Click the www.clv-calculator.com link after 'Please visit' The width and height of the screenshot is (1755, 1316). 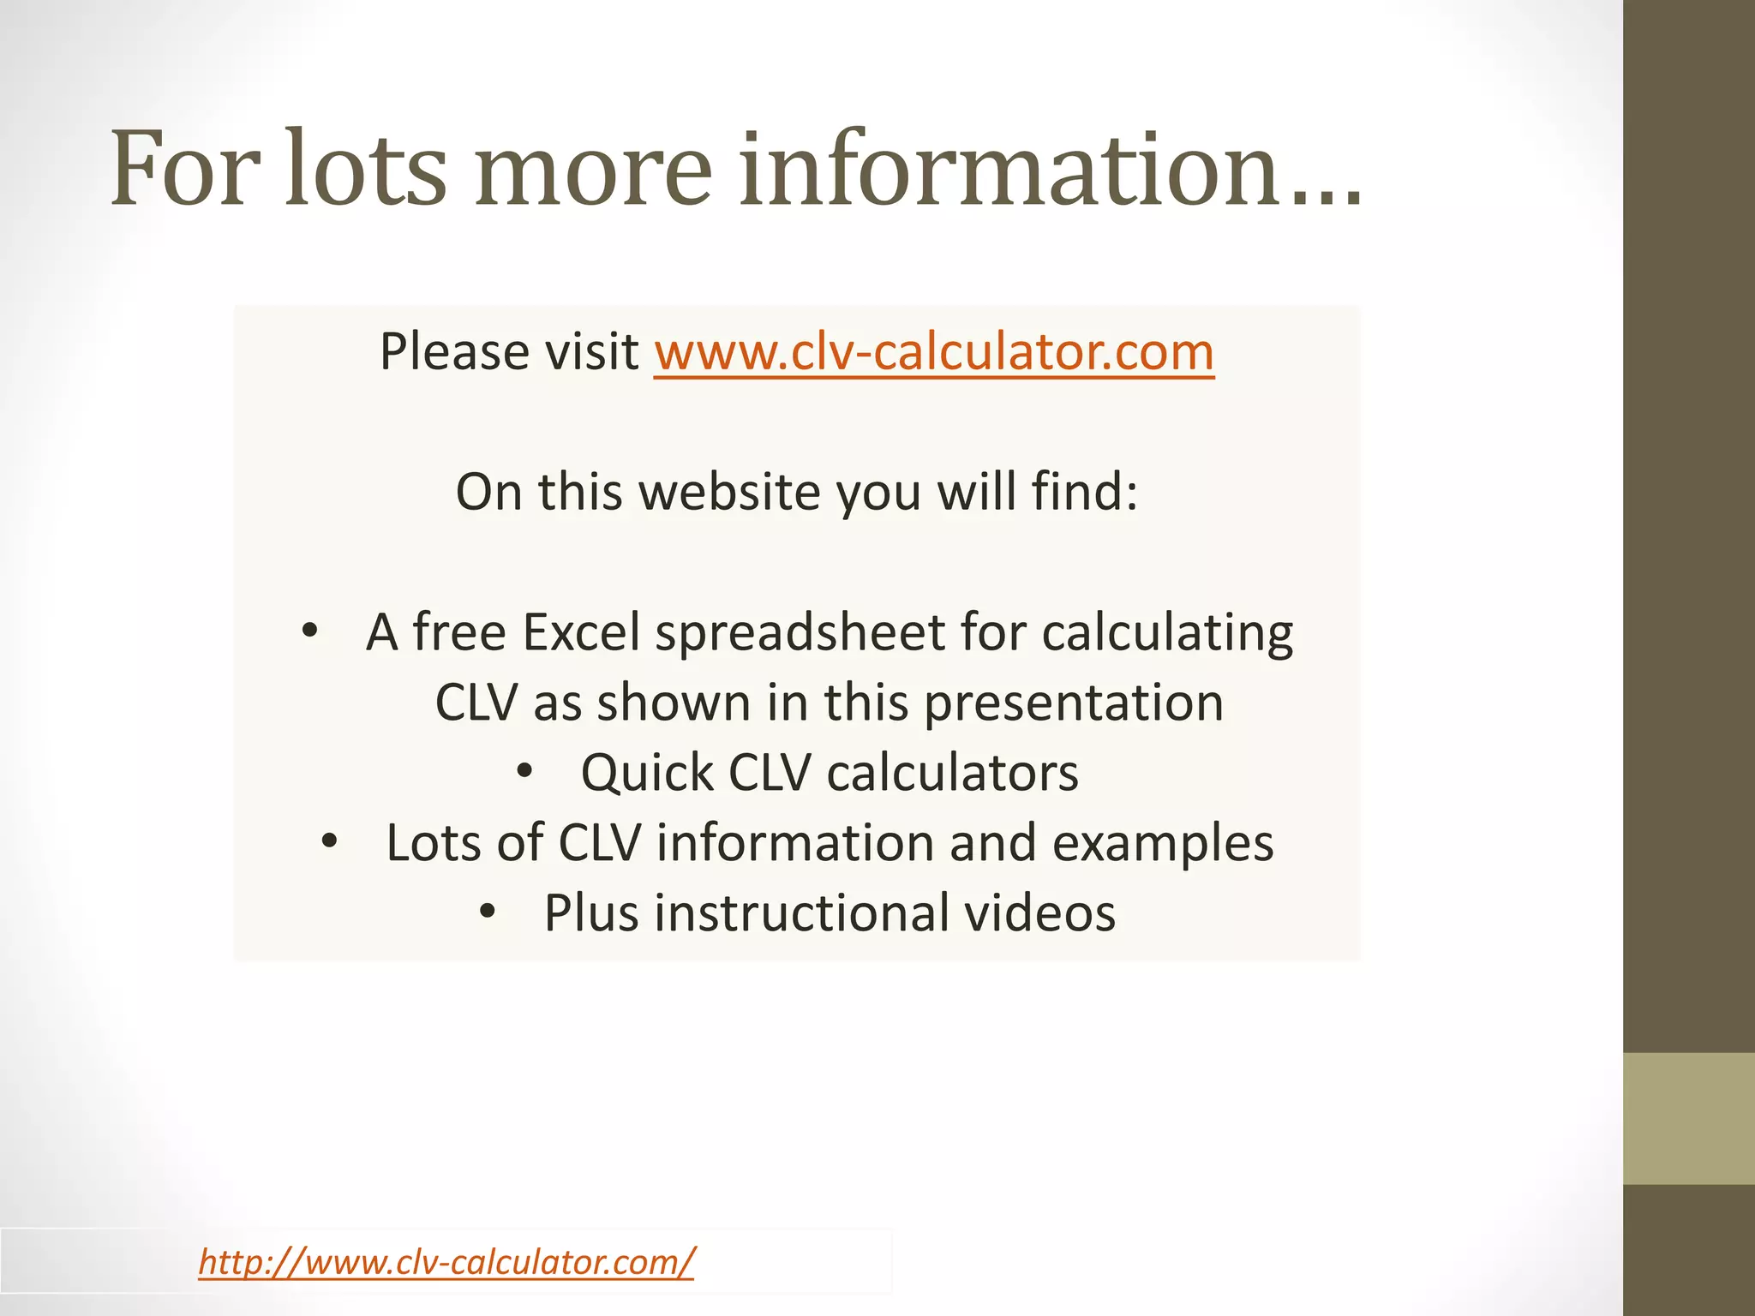[x=933, y=352]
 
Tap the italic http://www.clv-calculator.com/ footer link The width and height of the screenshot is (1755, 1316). [x=446, y=1262]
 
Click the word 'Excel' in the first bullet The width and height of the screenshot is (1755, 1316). [x=581, y=633]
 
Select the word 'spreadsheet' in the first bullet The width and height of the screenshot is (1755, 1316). [x=800, y=635]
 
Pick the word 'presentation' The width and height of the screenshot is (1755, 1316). [x=1074, y=704]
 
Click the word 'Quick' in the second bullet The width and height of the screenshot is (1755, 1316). [x=646, y=774]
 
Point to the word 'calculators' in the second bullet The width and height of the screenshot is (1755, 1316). [x=952, y=774]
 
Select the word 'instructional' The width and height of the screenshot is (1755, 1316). [x=801, y=913]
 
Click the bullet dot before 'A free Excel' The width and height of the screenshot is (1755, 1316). [x=310, y=633]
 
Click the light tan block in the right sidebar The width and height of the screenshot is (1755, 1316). [x=1688, y=1118]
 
